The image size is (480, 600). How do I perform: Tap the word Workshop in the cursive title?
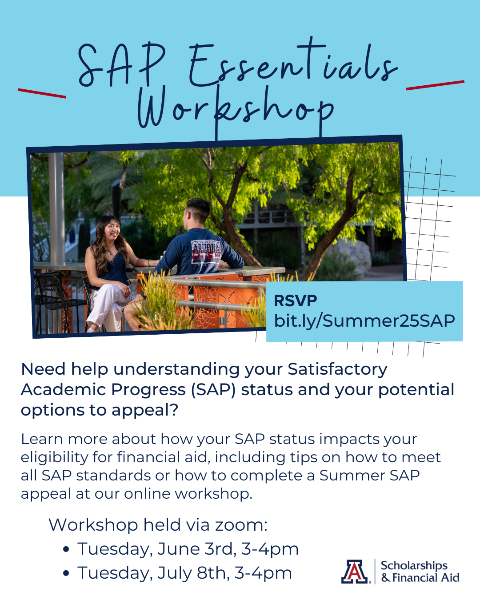236,109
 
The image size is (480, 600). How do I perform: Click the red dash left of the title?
42,93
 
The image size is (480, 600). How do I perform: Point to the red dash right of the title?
435,85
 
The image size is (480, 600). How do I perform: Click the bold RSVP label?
295,301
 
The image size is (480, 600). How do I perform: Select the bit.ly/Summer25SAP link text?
364,320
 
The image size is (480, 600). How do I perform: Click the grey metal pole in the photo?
56,209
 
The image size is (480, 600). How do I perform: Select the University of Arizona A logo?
355,571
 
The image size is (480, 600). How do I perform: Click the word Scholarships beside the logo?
414,565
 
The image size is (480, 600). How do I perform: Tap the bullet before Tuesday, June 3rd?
66,549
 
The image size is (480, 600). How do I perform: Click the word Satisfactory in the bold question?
337,369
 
